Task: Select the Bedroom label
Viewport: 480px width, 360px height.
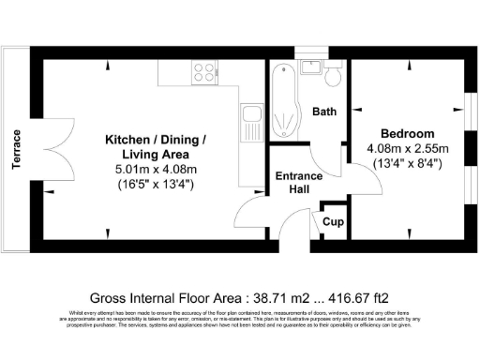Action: pyautogui.click(x=408, y=133)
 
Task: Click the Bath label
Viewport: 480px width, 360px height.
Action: pyautogui.click(x=324, y=112)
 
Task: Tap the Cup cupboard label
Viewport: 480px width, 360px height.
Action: pyautogui.click(x=332, y=222)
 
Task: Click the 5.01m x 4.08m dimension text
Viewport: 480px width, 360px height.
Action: pyautogui.click(x=156, y=170)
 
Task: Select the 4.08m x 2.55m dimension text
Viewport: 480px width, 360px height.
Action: pyautogui.click(x=408, y=148)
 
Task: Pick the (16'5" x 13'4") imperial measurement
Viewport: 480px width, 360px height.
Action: pyautogui.click(x=156, y=185)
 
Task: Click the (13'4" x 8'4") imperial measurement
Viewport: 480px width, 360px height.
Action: pyautogui.click(x=408, y=164)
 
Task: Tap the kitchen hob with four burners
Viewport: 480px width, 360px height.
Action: pyautogui.click(x=203, y=70)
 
